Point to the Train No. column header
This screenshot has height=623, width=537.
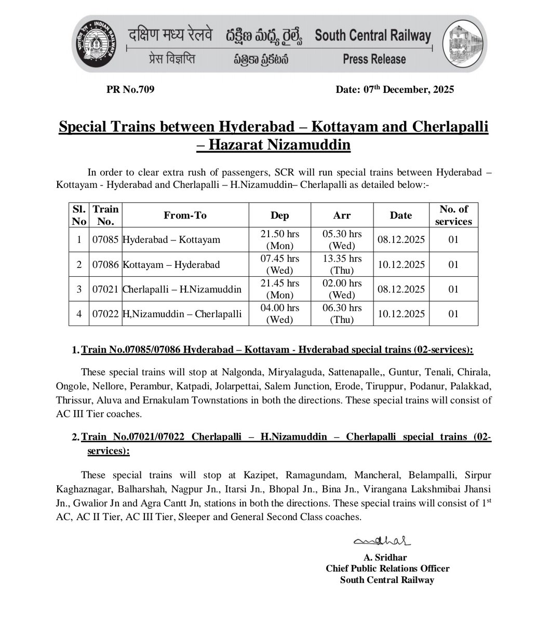click(x=105, y=215)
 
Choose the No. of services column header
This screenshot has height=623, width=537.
click(x=453, y=215)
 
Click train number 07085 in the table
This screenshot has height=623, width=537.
click(x=105, y=240)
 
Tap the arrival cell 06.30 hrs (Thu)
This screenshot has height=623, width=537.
click(x=342, y=314)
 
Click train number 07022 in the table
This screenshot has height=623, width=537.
click(x=105, y=314)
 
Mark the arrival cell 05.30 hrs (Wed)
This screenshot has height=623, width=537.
click(x=342, y=240)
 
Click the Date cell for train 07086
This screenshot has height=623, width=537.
click(x=400, y=265)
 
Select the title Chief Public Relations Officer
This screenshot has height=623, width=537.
click(x=387, y=568)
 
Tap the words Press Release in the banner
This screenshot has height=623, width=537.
click(x=373, y=59)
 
